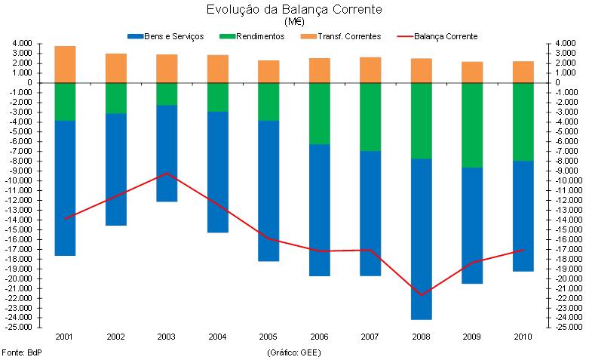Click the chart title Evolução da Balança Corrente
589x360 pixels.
pos(294,10)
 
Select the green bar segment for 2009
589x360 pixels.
pos(472,125)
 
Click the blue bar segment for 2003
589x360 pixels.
pos(167,153)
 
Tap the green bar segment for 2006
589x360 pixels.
pos(319,113)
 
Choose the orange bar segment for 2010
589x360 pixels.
pos(523,72)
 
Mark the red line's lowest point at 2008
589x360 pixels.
pos(421,294)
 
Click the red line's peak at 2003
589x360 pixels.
pos(167,174)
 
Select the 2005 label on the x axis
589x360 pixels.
pos(268,337)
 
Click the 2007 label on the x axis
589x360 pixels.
pos(370,337)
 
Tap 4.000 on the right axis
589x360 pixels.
pos(567,43)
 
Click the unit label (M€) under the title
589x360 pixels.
pos(294,22)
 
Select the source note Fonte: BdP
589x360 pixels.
pos(22,352)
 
